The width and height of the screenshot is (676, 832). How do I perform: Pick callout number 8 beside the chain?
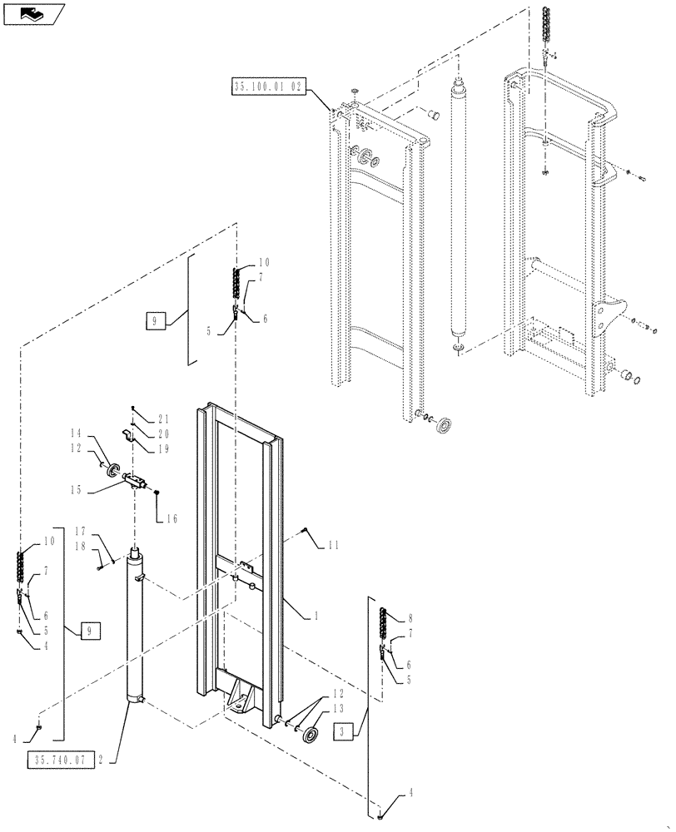(x=410, y=618)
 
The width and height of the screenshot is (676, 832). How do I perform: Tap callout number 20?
(x=164, y=433)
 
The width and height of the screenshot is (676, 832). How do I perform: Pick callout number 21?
(x=164, y=418)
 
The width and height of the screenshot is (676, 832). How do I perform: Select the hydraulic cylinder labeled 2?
(x=136, y=632)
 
